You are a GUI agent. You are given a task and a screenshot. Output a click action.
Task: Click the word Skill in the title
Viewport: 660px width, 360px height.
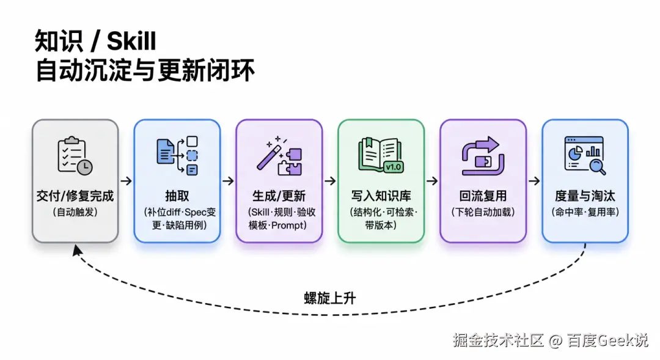click(x=131, y=42)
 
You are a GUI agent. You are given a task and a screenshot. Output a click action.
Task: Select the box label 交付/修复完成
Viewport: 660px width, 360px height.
click(x=75, y=196)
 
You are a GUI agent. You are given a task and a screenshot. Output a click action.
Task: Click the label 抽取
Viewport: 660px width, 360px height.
click(x=177, y=196)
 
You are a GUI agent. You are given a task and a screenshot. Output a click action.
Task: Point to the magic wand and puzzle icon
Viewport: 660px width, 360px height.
click(x=279, y=155)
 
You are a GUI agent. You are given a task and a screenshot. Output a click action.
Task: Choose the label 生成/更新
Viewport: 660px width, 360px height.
click(x=279, y=196)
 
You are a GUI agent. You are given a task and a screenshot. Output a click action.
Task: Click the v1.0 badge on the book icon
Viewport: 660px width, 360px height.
click(x=394, y=167)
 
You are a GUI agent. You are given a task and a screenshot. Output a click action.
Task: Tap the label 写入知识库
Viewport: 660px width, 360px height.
click(x=381, y=196)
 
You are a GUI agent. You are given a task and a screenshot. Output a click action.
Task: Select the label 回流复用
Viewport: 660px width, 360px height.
click(x=483, y=196)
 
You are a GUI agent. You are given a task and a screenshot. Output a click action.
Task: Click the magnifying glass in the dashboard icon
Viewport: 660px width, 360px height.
click(x=597, y=166)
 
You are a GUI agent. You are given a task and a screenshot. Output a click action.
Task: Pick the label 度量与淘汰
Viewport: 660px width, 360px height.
click(x=585, y=196)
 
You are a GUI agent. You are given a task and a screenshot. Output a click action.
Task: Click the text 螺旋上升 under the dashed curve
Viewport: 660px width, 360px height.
click(x=330, y=298)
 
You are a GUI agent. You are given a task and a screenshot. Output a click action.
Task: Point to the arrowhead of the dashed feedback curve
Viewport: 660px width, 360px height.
click(x=77, y=250)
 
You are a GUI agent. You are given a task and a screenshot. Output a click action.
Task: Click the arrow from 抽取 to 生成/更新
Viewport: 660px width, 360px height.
click(x=228, y=181)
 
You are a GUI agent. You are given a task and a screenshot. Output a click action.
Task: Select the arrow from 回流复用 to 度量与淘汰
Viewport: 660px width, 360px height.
click(x=534, y=181)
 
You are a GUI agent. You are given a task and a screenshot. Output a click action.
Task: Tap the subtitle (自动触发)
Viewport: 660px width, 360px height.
click(x=75, y=212)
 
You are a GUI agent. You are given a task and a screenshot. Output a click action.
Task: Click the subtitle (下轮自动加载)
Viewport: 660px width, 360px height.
click(x=483, y=212)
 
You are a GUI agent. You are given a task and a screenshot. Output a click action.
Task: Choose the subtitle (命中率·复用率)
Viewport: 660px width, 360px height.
click(x=585, y=212)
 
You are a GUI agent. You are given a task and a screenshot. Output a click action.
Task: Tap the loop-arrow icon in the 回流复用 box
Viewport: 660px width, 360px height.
click(x=483, y=155)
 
